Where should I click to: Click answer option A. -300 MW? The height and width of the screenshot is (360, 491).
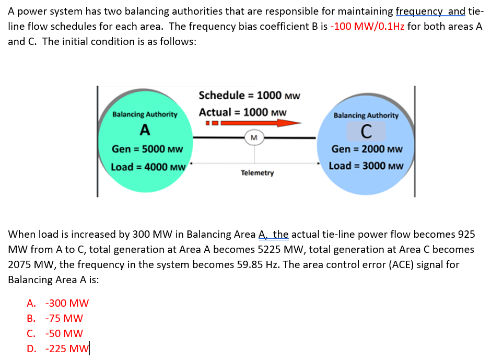pos(58,303)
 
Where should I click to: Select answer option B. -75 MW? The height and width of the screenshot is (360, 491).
pos(55,318)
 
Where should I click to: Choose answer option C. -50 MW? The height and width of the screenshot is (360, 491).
pos(55,333)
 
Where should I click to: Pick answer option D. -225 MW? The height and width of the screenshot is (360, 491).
pos(58,349)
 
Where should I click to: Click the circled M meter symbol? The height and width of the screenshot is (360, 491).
pos(254,137)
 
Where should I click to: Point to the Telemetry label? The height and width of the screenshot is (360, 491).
pos(257,172)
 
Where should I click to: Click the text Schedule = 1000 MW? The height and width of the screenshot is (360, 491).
pos(249,95)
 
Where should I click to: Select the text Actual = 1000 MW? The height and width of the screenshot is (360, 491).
pos(242,112)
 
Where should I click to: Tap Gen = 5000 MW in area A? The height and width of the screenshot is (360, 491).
pos(147,149)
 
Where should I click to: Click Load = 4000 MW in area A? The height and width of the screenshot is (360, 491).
pos(148,167)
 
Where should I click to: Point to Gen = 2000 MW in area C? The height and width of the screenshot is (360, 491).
pos(367,149)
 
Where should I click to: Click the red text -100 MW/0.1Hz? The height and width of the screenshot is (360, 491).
pos(368,27)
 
